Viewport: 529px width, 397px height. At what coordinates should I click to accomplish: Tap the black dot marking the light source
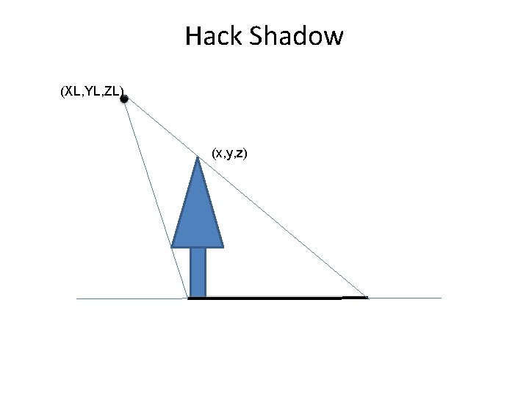point(124,99)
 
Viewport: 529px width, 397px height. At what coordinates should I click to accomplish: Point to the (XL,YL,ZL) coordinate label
point(92,92)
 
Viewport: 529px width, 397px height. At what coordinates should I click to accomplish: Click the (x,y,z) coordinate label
point(229,153)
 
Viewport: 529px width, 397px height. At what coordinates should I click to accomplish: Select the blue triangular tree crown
point(198,217)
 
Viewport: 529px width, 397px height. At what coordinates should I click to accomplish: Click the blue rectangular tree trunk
point(198,272)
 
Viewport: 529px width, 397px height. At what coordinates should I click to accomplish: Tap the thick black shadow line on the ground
point(272,298)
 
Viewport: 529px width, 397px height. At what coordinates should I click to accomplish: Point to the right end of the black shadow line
point(366,298)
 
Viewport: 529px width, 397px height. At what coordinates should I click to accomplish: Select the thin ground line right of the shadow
point(404,298)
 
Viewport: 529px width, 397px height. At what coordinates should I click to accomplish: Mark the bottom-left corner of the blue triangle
point(173,246)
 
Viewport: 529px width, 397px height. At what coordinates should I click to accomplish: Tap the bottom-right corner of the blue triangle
point(223,246)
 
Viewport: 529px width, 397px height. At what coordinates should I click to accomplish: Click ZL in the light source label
point(113,92)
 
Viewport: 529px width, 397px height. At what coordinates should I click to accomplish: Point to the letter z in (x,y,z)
point(241,153)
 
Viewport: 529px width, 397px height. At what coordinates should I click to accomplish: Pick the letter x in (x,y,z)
point(217,153)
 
